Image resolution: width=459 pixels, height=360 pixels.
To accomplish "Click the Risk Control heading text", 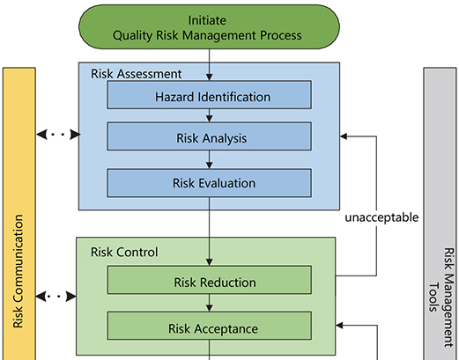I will (124, 252).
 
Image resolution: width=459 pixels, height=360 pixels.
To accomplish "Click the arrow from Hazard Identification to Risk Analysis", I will (209, 115).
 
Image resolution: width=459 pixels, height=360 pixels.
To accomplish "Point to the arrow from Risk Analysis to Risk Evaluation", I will (209, 160).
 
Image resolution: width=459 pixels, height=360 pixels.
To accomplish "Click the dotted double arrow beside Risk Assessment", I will (57, 136).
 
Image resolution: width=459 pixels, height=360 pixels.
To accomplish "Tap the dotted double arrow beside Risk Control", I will (57, 296).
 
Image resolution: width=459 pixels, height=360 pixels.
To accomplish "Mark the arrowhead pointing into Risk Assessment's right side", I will (344, 137).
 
